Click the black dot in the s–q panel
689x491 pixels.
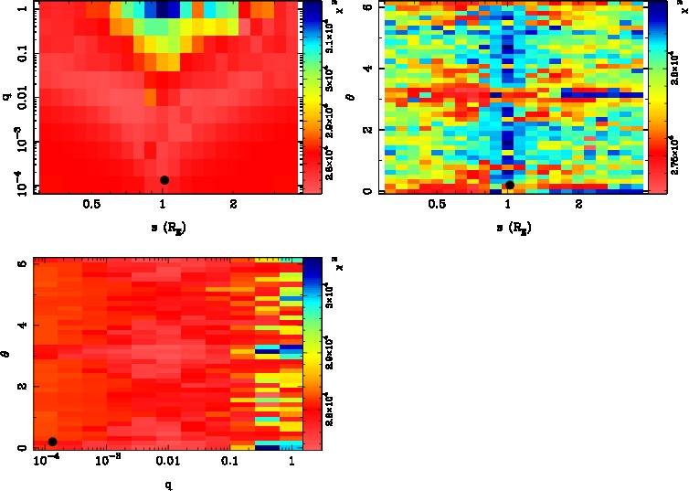(x=164, y=180)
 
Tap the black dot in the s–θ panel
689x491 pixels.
(x=510, y=185)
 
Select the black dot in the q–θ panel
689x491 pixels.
(x=52, y=442)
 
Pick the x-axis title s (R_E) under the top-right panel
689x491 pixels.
(x=510, y=226)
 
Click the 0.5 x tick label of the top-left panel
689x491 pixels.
(x=91, y=205)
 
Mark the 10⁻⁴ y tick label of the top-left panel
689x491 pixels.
(x=16, y=187)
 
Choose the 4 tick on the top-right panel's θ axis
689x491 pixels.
(x=366, y=69)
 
